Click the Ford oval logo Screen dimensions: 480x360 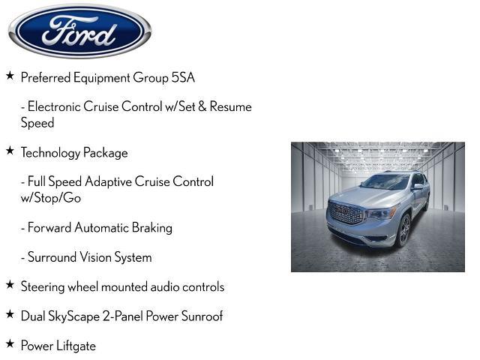point(80,31)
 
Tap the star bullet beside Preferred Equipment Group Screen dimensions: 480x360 point(10,75)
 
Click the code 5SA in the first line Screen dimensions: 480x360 point(183,77)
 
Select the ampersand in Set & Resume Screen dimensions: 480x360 point(202,106)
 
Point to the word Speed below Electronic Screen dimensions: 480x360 point(37,123)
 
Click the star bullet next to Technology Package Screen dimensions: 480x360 point(10,150)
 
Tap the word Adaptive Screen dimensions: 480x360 point(108,181)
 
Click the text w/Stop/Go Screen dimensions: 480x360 point(51,198)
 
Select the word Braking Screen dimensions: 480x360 point(152,228)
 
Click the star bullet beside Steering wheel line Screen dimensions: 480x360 point(10,284)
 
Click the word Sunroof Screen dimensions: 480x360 point(202,316)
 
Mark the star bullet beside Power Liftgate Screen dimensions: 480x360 point(10,343)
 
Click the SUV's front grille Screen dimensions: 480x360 point(345,212)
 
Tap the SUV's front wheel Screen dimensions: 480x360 point(403,230)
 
